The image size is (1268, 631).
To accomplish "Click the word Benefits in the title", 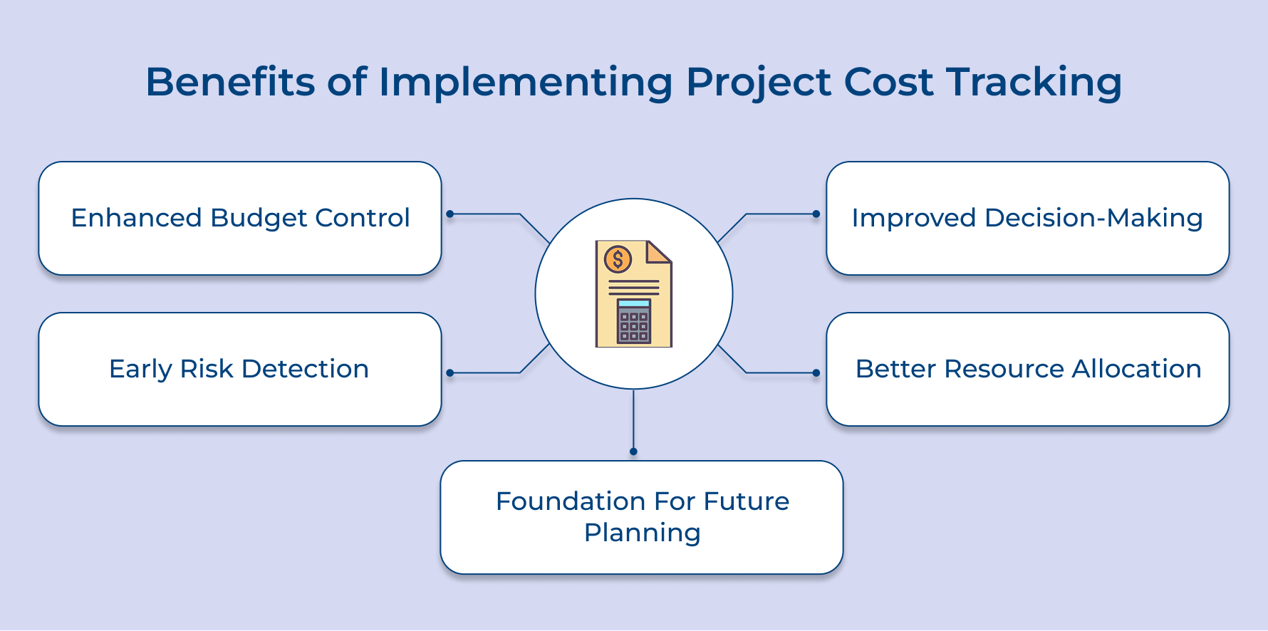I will coord(230,82).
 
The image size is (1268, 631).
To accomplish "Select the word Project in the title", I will coord(758,82).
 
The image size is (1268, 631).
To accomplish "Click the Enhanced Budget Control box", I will coord(240,219).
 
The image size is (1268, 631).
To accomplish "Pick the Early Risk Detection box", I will coord(240,370).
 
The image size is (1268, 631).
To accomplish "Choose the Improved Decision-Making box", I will coord(1027,219).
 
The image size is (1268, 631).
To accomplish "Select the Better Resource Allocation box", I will coord(1027,370).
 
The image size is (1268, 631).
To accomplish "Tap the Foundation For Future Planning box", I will coord(642,518).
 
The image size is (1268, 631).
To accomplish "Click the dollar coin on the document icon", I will coord(618,259).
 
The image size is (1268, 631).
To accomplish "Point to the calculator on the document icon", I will coord(634,321).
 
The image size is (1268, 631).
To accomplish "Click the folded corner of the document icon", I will coord(658,251).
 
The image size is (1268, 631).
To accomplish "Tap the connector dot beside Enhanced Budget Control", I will coord(449,214).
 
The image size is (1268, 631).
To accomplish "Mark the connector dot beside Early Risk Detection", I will coord(449,372).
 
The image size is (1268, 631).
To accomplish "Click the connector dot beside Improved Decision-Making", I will coord(816,214).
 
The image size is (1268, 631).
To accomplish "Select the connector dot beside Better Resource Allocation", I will coord(816,372).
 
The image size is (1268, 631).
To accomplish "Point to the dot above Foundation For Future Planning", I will coord(633,452).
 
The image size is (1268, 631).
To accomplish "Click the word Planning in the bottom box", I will coord(642,533).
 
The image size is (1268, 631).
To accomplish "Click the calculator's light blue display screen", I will coord(634,303).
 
